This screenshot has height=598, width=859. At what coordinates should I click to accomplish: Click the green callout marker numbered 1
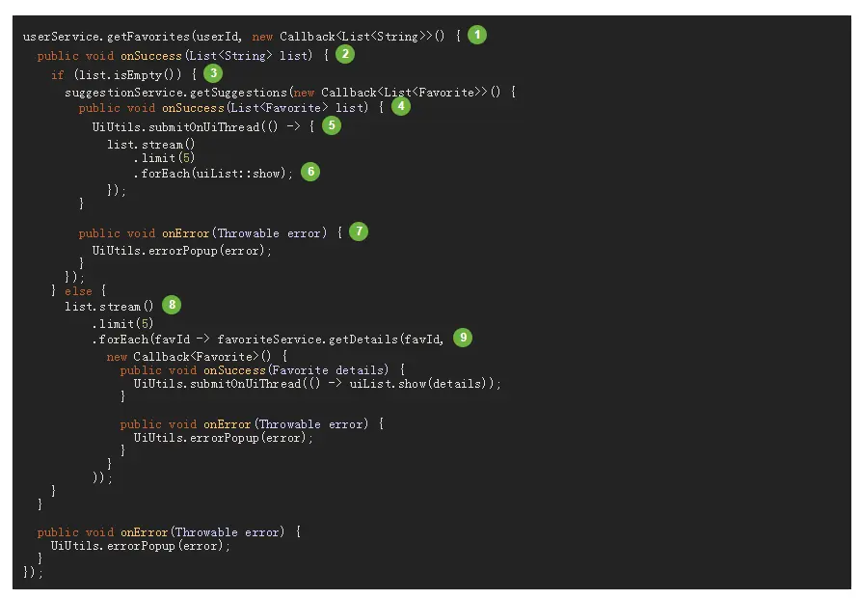(x=477, y=36)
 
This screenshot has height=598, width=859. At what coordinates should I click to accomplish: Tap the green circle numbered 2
(x=345, y=54)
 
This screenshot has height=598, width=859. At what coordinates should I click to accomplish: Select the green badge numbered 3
(x=213, y=72)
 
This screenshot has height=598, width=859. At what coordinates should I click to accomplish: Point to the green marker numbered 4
(x=400, y=107)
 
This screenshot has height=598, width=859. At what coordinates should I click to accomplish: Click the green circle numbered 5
(x=332, y=125)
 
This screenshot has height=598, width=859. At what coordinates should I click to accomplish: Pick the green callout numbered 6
(x=309, y=172)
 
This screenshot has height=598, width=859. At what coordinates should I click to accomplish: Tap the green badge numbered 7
(x=359, y=231)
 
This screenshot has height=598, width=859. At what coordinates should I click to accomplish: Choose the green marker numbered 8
(x=172, y=305)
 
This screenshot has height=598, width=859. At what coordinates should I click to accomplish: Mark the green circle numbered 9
(x=464, y=337)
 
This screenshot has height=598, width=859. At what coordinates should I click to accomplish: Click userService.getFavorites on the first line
(x=106, y=37)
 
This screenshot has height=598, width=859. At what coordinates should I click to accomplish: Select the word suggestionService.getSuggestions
(x=176, y=92)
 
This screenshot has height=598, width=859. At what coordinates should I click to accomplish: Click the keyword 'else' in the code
(x=78, y=290)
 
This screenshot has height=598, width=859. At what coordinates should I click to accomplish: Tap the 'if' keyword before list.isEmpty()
(x=57, y=73)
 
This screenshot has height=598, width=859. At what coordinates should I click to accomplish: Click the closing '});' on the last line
(x=34, y=572)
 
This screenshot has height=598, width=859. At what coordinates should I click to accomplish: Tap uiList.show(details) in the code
(x=438, y=384)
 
